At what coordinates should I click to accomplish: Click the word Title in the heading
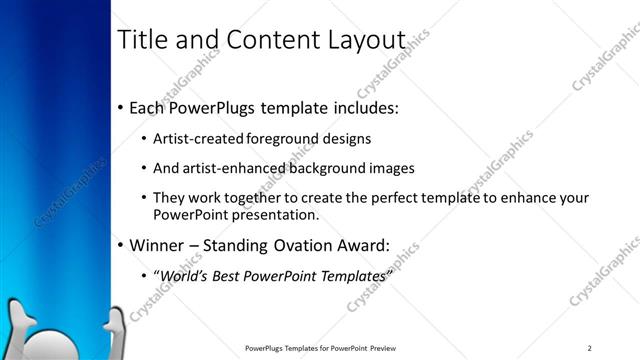[144, 39]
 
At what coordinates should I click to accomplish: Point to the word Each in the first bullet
[149, 106]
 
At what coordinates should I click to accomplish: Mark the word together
[255, 198]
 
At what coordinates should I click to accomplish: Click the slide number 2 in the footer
[590, 348]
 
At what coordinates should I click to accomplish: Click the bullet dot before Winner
[121, 245]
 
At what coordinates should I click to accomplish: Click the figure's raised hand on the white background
[119, 325]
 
